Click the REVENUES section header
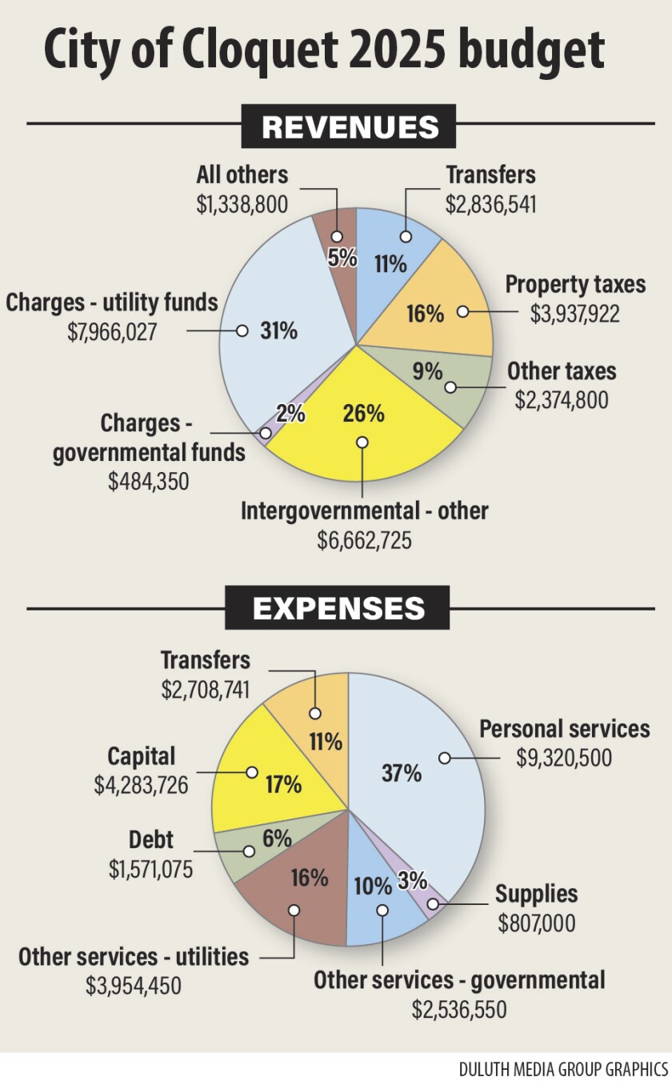click(x=350, y=126)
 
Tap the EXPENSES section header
click(x=338, y=609)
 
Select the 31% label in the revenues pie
click(x=278, y=330)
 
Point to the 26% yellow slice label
click(x=363, y=414)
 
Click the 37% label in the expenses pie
click(x=401, y=772)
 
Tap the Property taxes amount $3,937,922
click(x=574, y=313)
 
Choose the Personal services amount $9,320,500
click(x=564, y=757)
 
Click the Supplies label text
click(x=536, y=894)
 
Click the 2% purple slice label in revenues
click(x=290, y=414)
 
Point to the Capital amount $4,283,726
click(x=141, y=785)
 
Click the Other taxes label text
click(x=562, y=371)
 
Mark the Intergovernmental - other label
click(x=364, y=510)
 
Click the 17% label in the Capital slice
click(x=283, y=784)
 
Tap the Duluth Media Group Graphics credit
click(x=563, y=1069)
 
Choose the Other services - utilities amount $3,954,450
click(x=134, y=985)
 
